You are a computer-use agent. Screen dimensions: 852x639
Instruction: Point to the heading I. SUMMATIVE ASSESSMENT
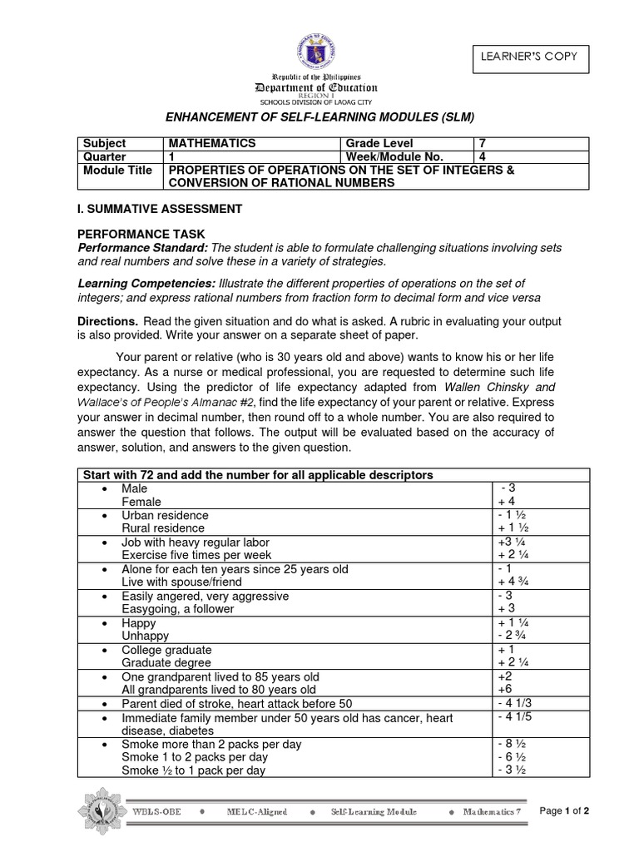click(160, 209)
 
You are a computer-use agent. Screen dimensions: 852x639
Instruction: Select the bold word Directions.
click(107, 321)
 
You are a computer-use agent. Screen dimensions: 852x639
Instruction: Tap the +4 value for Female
click(505, 502)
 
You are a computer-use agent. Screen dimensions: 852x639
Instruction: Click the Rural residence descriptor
click(162, 528)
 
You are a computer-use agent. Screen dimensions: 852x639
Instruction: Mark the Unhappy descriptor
click(145, 636)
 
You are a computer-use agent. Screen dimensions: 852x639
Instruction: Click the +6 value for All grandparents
click(504, 689)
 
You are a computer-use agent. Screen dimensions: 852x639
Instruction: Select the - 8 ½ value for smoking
click(510, 743)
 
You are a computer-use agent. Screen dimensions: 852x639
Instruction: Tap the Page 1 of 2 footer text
click(564, 811)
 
